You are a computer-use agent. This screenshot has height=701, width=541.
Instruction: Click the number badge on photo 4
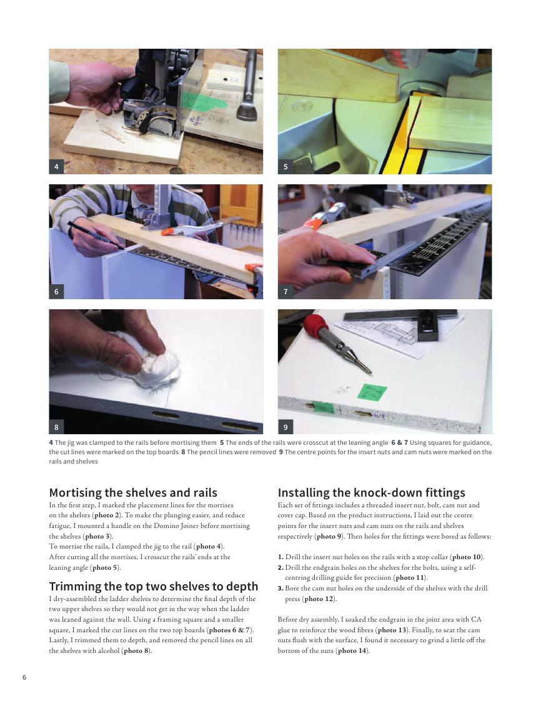(x=56, y=167)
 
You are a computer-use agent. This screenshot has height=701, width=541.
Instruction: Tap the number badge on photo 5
(x=285, y=167)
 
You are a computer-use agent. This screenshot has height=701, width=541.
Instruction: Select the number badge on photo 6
(x=56, y=292)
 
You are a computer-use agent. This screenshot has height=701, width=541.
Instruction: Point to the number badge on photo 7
(x=285, y=292)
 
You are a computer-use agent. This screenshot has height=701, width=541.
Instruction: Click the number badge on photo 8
(x=56, y=427)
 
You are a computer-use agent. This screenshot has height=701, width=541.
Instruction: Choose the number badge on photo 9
(x=285, y=427)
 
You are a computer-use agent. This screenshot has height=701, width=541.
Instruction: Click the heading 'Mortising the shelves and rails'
(x=133, y=493)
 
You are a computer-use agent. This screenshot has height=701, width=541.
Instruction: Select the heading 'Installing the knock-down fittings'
(x=371, y=493)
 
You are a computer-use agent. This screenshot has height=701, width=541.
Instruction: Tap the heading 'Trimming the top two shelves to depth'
(x=153, y=586)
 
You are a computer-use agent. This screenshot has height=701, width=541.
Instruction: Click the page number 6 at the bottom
(x=24, y=677)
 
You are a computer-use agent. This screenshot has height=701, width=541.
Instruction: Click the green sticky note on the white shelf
(x=372, y=392)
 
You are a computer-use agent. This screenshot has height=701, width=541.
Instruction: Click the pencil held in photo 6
(x=96, y=235)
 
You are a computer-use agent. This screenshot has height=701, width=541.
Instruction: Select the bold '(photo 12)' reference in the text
(x=319, y=599)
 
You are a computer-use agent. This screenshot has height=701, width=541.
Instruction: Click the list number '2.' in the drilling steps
(x=280, y=568)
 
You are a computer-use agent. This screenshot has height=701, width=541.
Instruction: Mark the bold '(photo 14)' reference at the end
(x=352, y=650)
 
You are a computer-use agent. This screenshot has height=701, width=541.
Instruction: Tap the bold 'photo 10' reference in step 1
(x=467, y=557)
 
